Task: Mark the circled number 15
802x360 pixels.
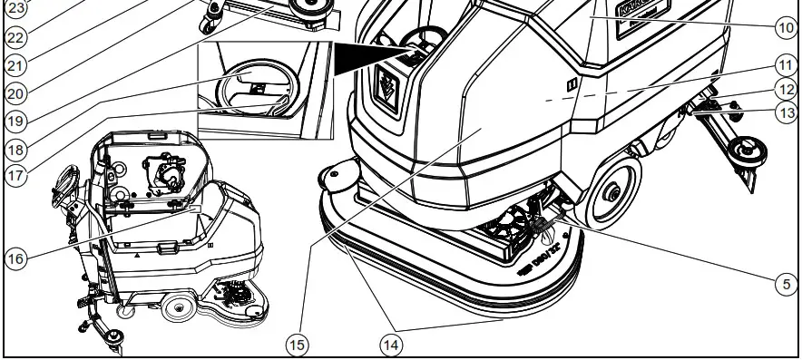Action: [x=297, y=344]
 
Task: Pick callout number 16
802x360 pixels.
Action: [x=15, y=258]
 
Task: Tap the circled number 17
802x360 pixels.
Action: [x=15, y=175]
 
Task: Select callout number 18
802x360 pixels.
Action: [x=15, y=147]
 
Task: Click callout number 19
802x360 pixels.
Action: [x=15, y=119]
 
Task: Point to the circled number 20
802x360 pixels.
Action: [x=15, y=92]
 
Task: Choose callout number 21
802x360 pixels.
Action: [x=15, y=64]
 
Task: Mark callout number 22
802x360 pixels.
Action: [x=15, y=37]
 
